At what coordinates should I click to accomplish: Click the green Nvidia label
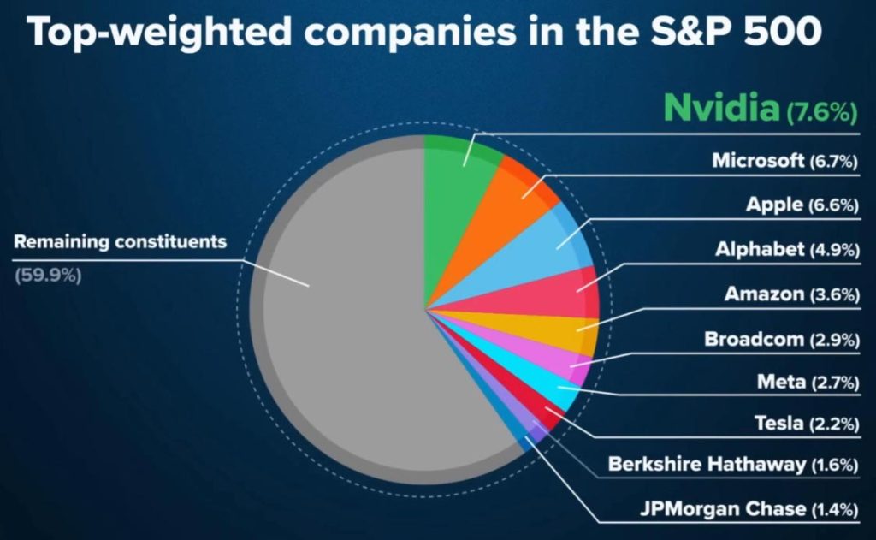pyautogui.click(x=720, y=109)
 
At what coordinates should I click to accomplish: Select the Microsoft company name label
pyautogui.click(x=758, y=160)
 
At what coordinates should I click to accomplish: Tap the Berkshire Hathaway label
pyautogui.click(x=707, y=464)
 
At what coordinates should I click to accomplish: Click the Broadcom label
pyautogui.click(x=754, y=339)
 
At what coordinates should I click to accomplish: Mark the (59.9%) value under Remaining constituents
pyautogui.click(x=48, y=276)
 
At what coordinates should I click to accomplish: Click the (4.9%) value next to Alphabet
pyautogui.click(x=834, y=250)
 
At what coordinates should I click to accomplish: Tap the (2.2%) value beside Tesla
pyautogui.click(x=834, y=423)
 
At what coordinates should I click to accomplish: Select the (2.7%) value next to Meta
pyautogui.click(x=834, y=383)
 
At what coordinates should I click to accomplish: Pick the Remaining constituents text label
pyautogui.click(x=120, y=241)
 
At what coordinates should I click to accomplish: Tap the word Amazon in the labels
pyautogui.click(x=764, y=294)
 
